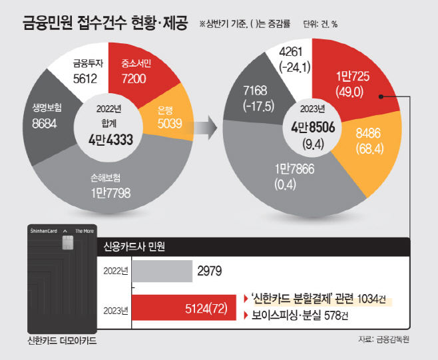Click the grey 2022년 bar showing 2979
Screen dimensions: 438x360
tap(162, 271)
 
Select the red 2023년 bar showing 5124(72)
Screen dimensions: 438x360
tap(184, 307)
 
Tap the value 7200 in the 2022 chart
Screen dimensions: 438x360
tap(134, 79)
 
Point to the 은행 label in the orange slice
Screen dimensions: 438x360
tap(165, 110)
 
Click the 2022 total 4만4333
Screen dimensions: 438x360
tap(111, 140)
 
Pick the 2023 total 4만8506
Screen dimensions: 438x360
tap(313, 127)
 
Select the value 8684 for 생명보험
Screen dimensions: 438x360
tap(45, 124)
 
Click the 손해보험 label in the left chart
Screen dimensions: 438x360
tap(106, 178)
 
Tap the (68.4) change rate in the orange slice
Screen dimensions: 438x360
tap(369, 148)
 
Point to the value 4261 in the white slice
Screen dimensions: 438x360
tap(290, 52)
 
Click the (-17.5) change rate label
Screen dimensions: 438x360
tap(259, 106)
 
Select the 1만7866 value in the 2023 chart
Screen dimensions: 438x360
tap(294, 169)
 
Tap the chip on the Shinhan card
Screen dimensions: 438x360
tap(67, 242)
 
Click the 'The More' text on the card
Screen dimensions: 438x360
tap(85, 231)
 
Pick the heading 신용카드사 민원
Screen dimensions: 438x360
tap(134, 247)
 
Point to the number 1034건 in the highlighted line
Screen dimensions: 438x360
tap(371, 299)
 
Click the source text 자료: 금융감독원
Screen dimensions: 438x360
tap(384, 339)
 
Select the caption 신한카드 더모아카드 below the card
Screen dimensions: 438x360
tap(62, 341)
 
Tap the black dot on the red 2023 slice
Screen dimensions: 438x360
tap(381, 96)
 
